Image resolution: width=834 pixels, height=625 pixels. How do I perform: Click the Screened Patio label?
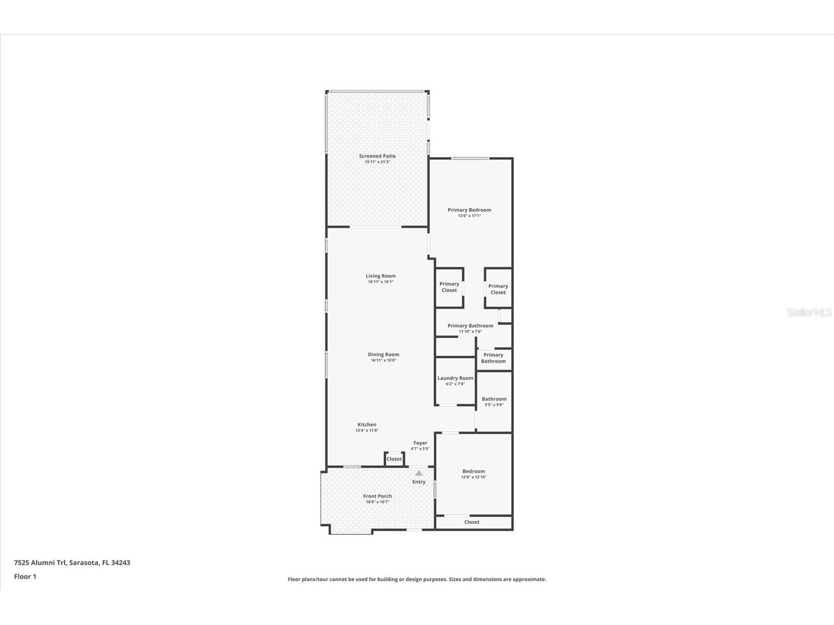click(377, 156)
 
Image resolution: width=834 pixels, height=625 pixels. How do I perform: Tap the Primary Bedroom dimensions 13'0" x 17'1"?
click(469, 216)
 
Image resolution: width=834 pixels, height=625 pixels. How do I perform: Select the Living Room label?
click(380, 276)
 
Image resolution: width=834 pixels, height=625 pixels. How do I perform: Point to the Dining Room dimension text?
click(383, 360)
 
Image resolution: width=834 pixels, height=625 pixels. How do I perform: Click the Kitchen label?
click(367, 425)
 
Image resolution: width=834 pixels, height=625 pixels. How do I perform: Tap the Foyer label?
click(420, 443)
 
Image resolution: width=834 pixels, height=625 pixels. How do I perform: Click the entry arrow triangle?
click(419, 473)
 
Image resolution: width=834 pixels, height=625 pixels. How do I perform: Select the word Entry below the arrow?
click(419, 482)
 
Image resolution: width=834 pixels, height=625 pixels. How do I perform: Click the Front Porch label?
click(377, 496)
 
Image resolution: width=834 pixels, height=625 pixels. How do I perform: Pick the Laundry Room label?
click(455, 378)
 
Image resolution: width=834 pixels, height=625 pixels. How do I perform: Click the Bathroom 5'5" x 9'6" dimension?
click(494, 405)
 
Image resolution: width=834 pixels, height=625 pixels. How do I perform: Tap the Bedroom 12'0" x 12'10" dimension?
click(474, 477)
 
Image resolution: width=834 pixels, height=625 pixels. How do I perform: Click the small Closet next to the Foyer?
click(394, 459)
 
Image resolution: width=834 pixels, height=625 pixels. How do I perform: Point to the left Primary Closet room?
click(449, 287)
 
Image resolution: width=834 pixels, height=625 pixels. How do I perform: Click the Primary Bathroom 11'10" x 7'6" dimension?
click(470, 332)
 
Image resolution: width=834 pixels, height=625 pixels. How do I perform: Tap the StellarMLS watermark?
click(809, 312)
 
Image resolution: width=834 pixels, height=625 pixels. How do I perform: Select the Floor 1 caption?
click(25, 576)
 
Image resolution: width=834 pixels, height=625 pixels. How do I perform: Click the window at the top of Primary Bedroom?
click(470, 158)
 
